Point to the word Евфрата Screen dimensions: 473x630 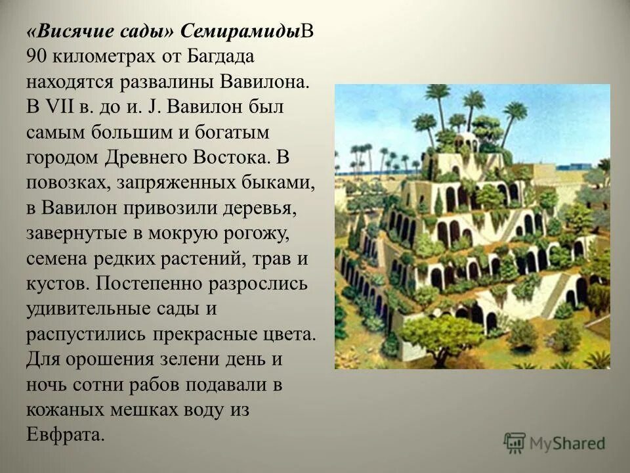66,434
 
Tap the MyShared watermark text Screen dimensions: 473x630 568,442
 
